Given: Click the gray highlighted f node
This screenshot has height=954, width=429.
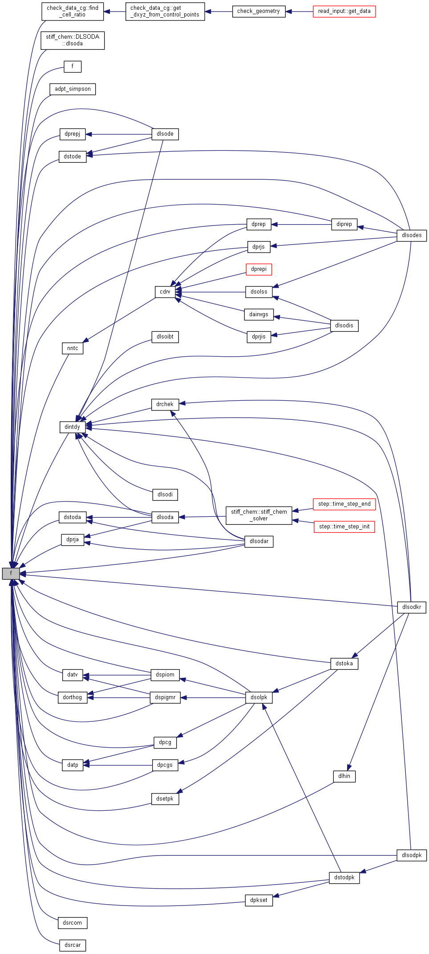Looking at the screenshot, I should pyautogui.click(x=11, y=573).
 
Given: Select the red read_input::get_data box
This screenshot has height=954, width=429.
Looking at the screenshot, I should pyautogui.click(x=344, y=11).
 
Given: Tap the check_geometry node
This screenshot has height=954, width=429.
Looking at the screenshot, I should pyautogui.click(x=259, y=11).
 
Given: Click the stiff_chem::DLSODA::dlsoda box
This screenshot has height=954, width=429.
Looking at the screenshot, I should pyautogui.click(x=73, y=40).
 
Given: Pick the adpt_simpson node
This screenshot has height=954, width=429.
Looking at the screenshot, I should pyautogui.click(x=73, y=89).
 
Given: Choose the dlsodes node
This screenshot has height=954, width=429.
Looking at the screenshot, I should pyautogui.click(x=412, y=235).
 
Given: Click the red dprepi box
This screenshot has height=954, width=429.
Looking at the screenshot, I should pyautogui.click(x=259, y=269).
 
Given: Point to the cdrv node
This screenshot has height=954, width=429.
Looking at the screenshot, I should pyautogui.click(x=165, y=292).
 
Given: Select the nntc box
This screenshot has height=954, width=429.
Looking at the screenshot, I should pyautogui.click(x=73, y=348).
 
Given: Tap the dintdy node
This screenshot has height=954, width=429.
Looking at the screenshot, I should pyautogui.click(x=73, y=427).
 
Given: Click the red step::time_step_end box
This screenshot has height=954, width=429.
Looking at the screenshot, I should pyautogui.click(x=344, y=504).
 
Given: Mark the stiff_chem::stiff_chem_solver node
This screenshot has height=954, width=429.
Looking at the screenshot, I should pyautogui.click(x=259, y=515).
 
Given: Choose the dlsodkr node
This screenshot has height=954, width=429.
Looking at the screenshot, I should pyautogui.click(x=412, y=607).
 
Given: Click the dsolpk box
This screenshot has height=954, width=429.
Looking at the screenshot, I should pyautogui.click(x=259, y=697).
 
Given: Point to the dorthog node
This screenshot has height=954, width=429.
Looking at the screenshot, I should pyautogui.click(x=73, y=697).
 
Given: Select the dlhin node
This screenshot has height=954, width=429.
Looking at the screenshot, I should pyautogui.click(x=344, y=776).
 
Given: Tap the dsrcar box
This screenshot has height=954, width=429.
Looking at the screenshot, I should pyautogui.click(x=73, y=945).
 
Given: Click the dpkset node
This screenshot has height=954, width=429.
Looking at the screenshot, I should pyautogui.click(x=259, y=900).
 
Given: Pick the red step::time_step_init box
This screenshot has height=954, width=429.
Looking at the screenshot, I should pyautogui.click(x=344, y=527).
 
